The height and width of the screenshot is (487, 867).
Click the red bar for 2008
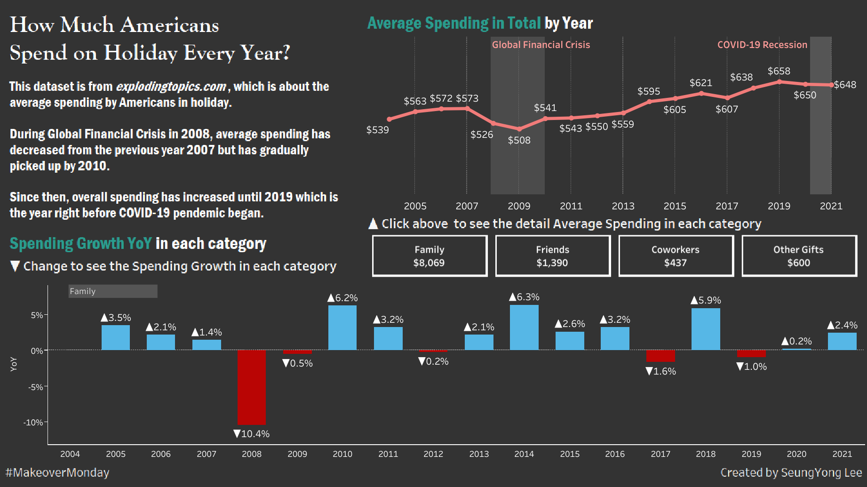(252, 387)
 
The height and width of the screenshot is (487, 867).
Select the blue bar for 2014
(524, 327)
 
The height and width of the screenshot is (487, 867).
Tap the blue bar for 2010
(342, 327)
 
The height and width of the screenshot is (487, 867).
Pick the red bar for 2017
(660, 356)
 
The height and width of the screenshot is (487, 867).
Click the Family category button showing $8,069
(430, 256)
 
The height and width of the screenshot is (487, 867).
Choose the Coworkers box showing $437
(676, 256)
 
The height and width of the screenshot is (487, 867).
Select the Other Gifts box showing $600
(799, 256)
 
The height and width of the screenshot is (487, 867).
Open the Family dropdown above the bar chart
(113, 291)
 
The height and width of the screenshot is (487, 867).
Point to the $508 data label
(519, 140)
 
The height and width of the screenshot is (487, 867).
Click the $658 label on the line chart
(779, 71)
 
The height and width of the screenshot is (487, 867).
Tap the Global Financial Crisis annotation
(541, 45)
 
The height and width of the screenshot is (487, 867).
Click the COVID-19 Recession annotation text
(762, 45)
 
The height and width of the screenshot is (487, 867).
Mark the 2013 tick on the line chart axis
(623, 206)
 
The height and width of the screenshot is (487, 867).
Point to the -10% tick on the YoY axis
(33, 423)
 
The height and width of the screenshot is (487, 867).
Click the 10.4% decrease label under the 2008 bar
(252, 434)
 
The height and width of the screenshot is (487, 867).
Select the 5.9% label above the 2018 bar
(706, 300)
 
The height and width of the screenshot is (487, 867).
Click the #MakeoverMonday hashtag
(57, 472)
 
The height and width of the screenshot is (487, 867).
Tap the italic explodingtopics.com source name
(171, 87)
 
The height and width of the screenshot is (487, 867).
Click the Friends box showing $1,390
(553, 256)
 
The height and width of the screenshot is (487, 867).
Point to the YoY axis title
(14, 364)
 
